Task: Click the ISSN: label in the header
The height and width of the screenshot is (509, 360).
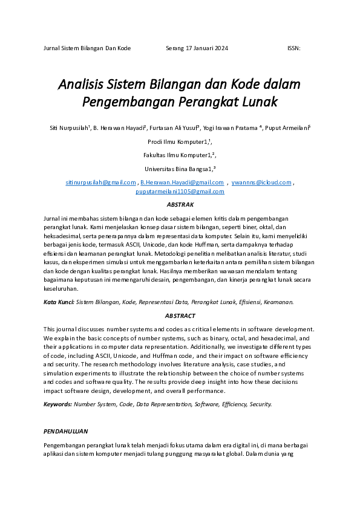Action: click(293, 48)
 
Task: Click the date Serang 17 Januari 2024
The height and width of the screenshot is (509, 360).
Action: click(197, 48)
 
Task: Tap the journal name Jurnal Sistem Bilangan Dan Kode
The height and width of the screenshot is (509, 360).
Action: click(87, 48)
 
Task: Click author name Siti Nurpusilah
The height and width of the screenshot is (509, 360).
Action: click(69, 128)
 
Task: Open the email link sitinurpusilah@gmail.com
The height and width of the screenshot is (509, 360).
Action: click(100, 182)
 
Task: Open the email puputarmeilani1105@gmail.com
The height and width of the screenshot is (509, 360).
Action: click(180, 191)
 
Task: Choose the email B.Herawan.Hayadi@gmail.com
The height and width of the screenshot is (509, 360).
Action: click(182, 182)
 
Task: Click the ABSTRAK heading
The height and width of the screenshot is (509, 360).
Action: click(180, 205)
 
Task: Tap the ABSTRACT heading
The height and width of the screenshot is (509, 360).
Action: click(180, 316)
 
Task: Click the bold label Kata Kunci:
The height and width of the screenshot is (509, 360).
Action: click(59, 301)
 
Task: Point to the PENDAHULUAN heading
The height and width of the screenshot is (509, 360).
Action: click(66, 432)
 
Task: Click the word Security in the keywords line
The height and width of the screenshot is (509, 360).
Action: click(260, 404)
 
